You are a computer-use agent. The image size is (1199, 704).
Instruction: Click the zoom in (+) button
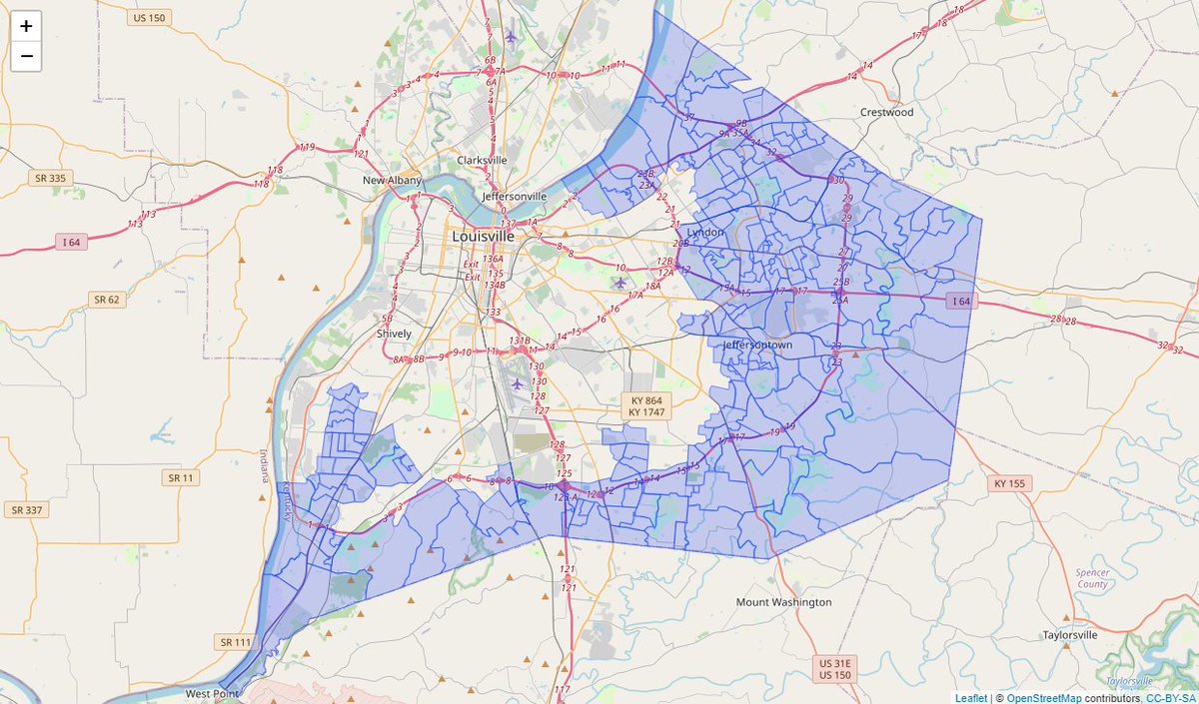tap(26, 26)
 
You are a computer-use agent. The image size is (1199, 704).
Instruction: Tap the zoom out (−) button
tap(26, 56)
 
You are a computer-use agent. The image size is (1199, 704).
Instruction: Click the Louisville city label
tap(484, 237)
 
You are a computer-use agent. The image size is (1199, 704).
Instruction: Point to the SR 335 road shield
tap(48, 178)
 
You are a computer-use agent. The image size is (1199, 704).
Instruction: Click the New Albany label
tap(392, 181)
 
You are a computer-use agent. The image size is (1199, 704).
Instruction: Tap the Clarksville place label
tap(482, 160)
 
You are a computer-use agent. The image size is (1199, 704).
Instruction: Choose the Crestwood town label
tap(887, 113)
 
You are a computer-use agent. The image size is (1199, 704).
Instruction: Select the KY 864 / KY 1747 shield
tap(647, 406)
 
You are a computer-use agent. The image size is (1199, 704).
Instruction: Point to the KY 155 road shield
tap(1012, 483)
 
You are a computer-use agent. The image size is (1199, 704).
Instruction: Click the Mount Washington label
tap(783, 602)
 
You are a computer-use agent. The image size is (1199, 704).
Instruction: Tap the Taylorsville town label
tap(1070, 634)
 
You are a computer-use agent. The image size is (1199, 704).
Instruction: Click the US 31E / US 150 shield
tap(835, 669)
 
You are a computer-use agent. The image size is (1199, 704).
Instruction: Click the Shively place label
tap(394, 334)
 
